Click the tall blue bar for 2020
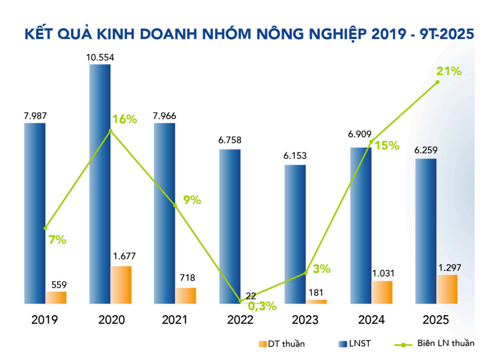click(99, 183)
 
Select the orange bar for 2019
click(56, 297)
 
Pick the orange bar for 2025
click(447, 289)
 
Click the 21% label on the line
click(449, 72)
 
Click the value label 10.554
click(100, 57)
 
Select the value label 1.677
click(121, 256)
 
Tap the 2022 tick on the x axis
click(240, 320)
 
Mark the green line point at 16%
click(111, 130)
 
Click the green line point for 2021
click(175, 205)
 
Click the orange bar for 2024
click(382, 292)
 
